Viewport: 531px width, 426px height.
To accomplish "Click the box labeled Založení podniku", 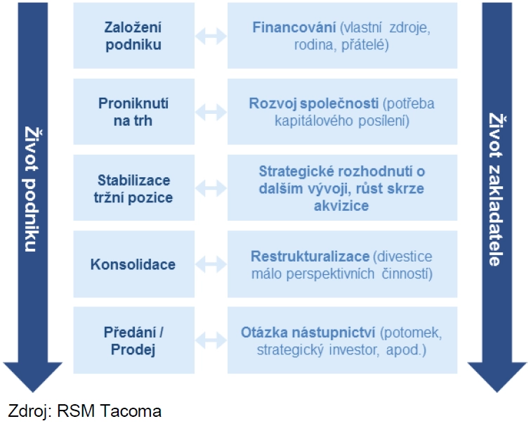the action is pyautogui.click(x=133, y=36).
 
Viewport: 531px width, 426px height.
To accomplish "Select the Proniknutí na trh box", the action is pyautogui.click(x=133, y=112).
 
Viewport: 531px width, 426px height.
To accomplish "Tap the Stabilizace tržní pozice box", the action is pyautogui.click(x=133, y=188).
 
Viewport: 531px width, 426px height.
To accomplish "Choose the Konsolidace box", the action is pyautogui.click(x=133, y=264).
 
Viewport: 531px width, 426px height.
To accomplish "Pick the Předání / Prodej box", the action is pyautogui.click(x=133, y=340).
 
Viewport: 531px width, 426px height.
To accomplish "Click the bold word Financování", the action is pyautogui.click(x=294, y=27).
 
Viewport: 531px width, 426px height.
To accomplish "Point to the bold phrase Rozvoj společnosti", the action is pyautogui.click(x=313, y=103).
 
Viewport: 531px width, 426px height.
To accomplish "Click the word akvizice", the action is pyautogui.click(x=341, y=206).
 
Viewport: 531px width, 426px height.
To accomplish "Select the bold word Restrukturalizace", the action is pyautogui.click(x=310, y=257).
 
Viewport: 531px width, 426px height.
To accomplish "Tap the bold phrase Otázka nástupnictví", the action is pyautogui.click(x=308, y=333).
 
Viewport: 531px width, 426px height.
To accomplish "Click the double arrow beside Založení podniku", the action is pyautogui.click(x=211, y=36).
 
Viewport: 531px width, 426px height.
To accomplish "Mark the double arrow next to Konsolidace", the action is pyautogui.click(x=211, y=264).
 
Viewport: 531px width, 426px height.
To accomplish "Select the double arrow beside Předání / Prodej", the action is pyautogui.click(x=211, y=341).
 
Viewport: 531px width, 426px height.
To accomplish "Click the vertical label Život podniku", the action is pyautogui.click(x=32, y=189).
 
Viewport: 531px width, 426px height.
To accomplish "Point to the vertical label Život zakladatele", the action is pyautogui.click(x=497, y=189).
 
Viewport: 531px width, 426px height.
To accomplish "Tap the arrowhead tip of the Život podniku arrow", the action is pyautogui.click(x=33, y=392).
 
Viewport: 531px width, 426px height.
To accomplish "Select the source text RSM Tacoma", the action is pyautogui.click(x=109, y=411).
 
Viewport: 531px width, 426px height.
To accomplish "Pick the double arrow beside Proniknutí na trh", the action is pyautogui.click(x=211, y=112).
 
